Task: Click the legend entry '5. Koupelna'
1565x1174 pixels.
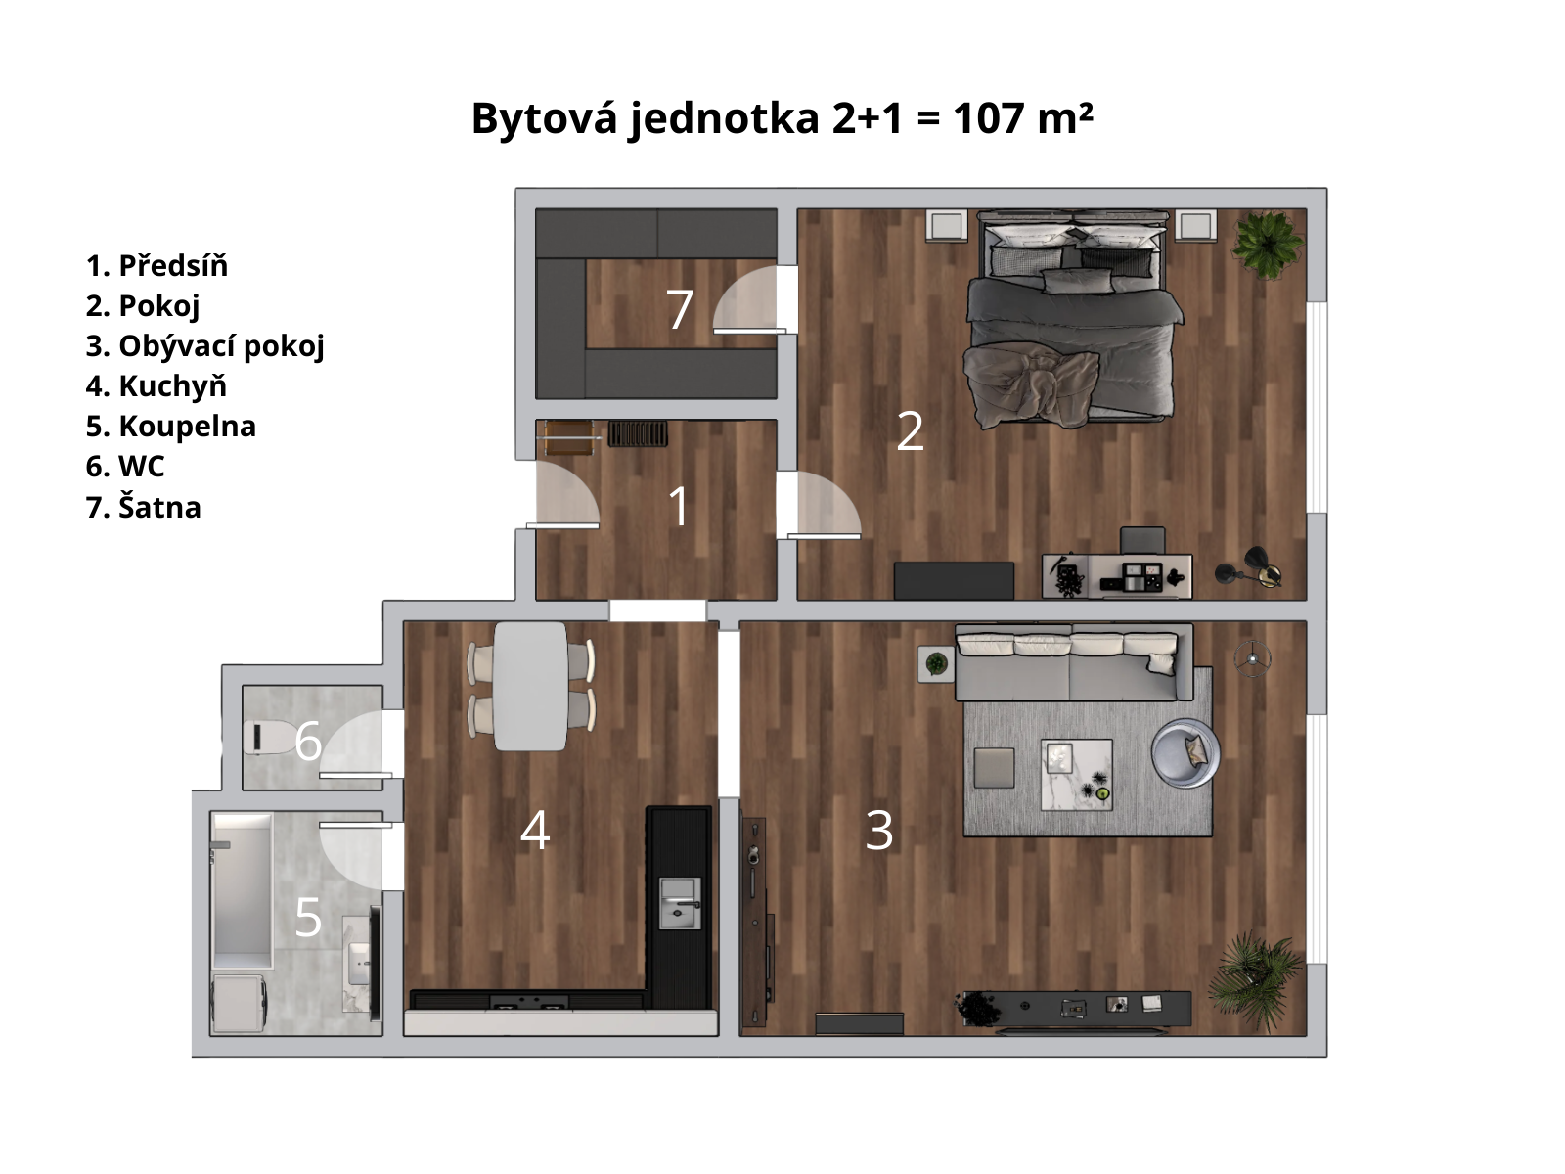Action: click(x=170, y=427)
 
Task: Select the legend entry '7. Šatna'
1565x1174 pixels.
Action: click(x=144, y=507)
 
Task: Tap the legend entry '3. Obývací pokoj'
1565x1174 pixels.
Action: click(x=204, y=346)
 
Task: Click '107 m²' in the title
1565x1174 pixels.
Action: click(x=1022, y=117)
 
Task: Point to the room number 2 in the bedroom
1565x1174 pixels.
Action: click(x=910, y=431)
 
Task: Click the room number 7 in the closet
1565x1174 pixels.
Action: click(x=680, y=309)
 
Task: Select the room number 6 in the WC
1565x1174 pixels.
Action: click(x=308, y=742)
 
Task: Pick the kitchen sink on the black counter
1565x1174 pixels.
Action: click(x=680, y=903)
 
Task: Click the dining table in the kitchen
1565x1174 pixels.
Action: click(x=530, y=687)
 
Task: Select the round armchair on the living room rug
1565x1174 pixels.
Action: click(x=1185, y=753)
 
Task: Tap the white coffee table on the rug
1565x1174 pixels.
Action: click(x=1077, y=775)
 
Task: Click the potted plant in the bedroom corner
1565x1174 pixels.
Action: click(x=1268, y=244)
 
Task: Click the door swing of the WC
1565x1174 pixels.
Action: click(x=354, y=744)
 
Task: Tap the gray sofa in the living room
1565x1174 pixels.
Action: click(x=1074, y=663)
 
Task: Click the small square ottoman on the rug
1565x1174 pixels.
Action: click(x=994, y=768)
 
